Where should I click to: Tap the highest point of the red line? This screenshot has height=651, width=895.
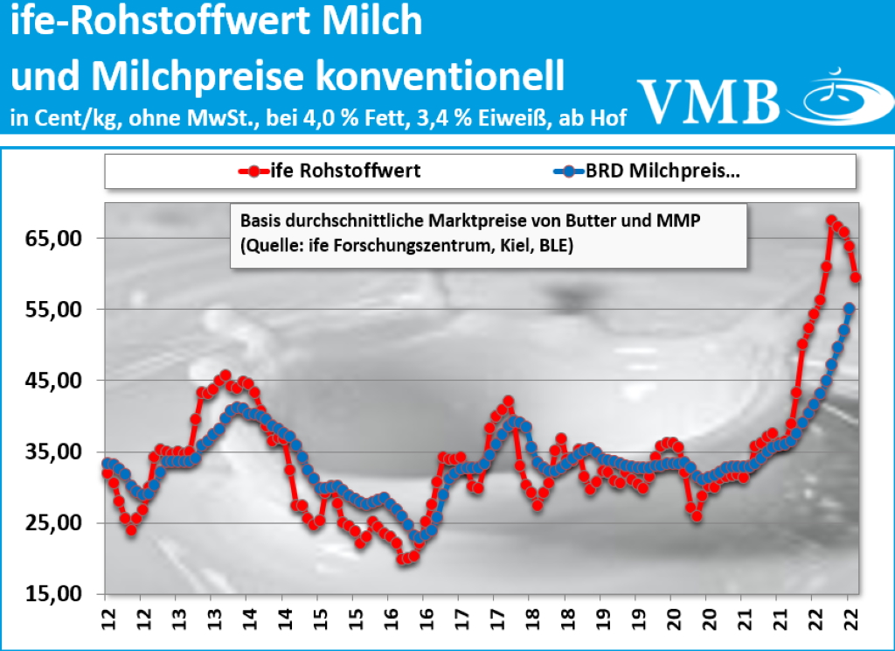coord(831,220)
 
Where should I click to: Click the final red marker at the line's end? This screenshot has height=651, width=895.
coord(857,277)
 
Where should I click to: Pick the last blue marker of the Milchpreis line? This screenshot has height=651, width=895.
coord(849,308)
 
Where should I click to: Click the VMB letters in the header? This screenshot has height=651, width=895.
coord(708,101)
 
